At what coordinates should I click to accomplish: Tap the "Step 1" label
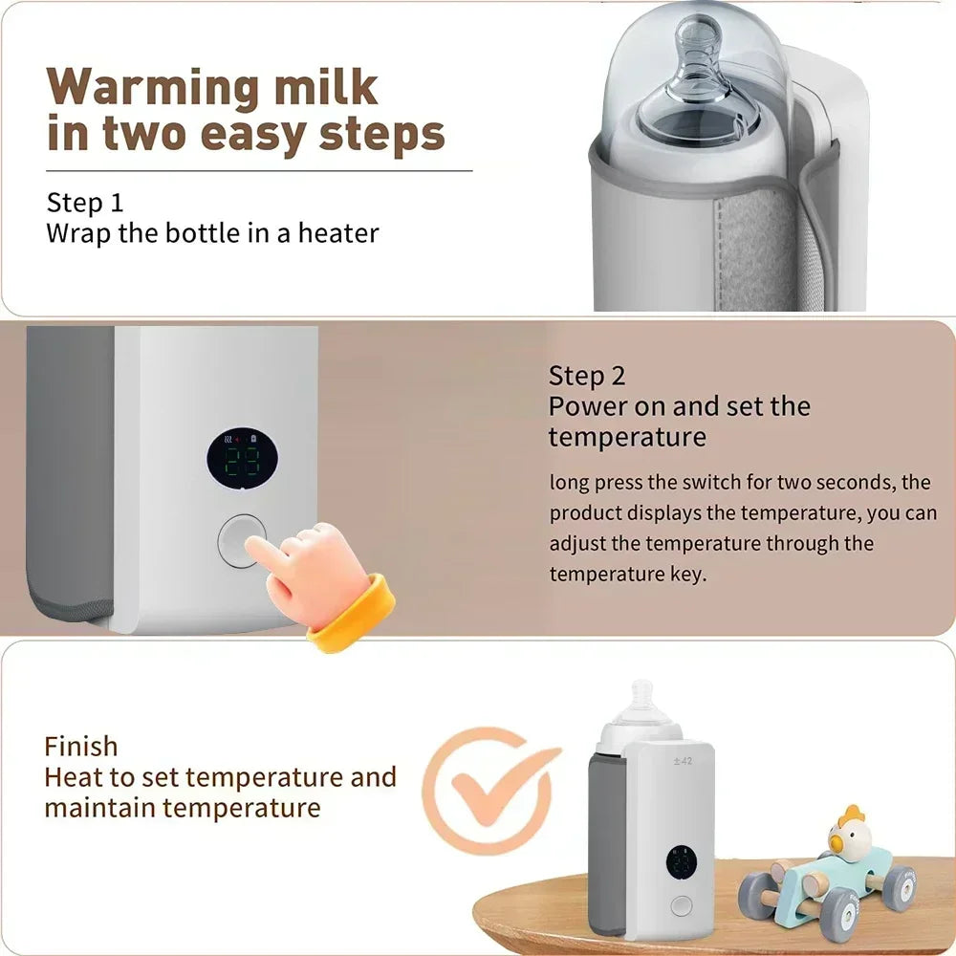click(85, 203)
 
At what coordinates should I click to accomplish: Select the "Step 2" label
click(587, 375)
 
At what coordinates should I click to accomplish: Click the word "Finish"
click(81, 747)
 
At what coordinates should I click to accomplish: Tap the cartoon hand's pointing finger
click(263, 549)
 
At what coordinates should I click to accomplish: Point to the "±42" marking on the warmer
click(681, 762)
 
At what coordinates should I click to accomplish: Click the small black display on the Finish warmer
click(682, 862)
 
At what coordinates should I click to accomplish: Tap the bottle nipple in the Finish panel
click(641, 697)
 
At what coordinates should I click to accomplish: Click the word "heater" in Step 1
click(339, 232)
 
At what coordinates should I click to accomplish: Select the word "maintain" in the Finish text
click(99, 808)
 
